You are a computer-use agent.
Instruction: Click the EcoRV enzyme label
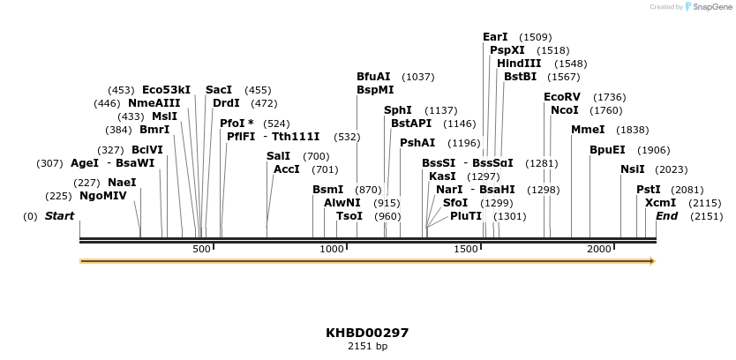(x=562, y=97)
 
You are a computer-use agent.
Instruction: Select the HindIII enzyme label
(x=519, y=64)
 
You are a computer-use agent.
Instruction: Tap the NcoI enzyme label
(x=565, y=110)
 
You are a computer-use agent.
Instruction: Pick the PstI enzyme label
(x=649, y=190)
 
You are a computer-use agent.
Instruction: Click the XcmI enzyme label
(x=661, y=203)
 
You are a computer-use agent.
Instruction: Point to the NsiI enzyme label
(x=633, y=169)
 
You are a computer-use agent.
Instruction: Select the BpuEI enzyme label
(x=607, y=150)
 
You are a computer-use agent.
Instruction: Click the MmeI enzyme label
(x=588, y=130)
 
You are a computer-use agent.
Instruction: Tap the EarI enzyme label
(x=495, y=37)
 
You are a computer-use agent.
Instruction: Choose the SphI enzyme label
(x=398, y=110)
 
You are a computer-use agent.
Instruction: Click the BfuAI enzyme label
(x=373, y=77)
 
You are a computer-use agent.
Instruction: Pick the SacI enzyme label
(x=219, y=90)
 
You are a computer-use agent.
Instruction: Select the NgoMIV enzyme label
(x=103, y=196)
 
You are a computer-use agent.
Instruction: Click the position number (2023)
(x=672, y=169)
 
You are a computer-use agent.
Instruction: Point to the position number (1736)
(x=610, y=97)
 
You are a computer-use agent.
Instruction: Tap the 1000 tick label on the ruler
(x=332, y=250)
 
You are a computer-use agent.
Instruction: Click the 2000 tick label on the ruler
(x=599, y=250)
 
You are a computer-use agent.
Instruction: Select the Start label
(x=59, y=216)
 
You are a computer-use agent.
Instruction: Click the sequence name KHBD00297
(x=367, y=333)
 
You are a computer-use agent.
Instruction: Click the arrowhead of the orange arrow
(x=652, y=261)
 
